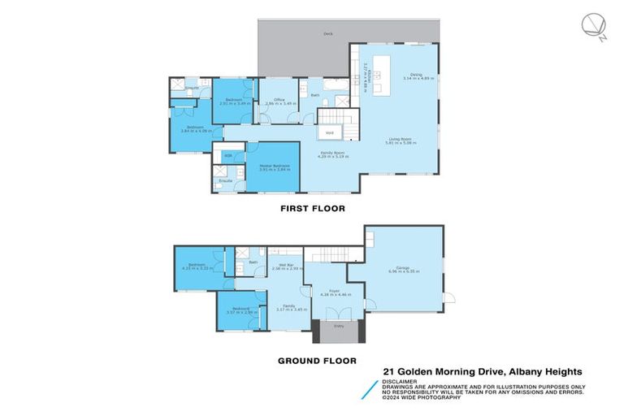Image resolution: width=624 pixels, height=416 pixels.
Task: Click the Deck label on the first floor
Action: pos(328,34)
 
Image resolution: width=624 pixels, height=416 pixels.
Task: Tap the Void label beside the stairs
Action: pos(329,132)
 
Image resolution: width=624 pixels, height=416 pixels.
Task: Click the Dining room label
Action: pos(416,74)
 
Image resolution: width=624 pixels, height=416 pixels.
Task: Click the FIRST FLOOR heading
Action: pos(312,209)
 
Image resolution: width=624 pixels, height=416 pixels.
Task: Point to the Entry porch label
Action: pos(338,325)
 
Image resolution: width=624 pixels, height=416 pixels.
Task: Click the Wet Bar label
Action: pos(285,266)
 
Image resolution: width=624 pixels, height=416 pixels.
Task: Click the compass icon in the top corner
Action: pos(591,25)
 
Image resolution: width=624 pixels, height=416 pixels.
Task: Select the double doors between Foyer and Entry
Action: pos(338,314)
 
